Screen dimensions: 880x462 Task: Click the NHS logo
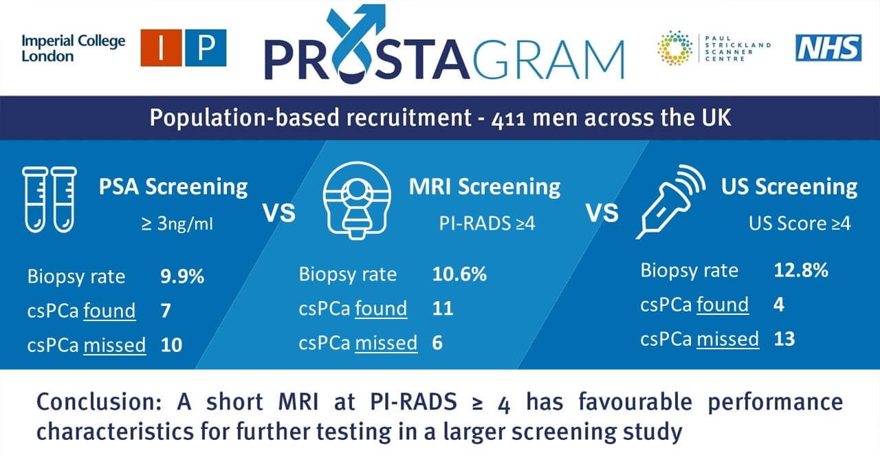pyautogui.click(x=828, y=48)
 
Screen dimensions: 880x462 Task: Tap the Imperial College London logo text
pyautogui.click(x=74, y=48)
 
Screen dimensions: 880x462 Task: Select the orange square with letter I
pyautogui.click(x=161, y=47)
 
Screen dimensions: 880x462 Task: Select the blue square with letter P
pyautogui.click(x=206, y=47)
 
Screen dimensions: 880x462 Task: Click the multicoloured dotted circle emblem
pyautogui.click(x=675, y=48)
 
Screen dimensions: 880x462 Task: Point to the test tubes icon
pyautogui.click(x=49, y=199)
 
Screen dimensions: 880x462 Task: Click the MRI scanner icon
pyautogui.click(x=357, y=200)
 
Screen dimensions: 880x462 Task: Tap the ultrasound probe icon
pyautogui.click(x=670, y=201)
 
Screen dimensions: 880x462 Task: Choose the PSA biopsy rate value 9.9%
pyautogui.click(x=182, y=276)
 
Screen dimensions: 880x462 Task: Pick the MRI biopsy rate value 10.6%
pyautogui.click(x=460, y=274)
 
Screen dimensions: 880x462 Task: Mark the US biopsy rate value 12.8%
pyautogui.click(x=801, y=270)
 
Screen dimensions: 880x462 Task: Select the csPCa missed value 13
pyautogui.click(x=784, y=339)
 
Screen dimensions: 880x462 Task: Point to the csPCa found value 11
pyautogui.click(x=443, y=309)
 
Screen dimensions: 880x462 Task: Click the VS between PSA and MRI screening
pyautogui.click(x=279, y=213)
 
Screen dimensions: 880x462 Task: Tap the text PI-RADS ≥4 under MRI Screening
pyautogui.click(x=487, y=223)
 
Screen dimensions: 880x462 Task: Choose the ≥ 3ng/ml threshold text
pyautogui.click(x=177, y=224)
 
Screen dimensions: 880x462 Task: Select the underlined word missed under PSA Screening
pyautogui.click(x=114, y=345)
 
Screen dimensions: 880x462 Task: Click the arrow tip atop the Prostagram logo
pyautogui.click(x=384, y=6)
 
